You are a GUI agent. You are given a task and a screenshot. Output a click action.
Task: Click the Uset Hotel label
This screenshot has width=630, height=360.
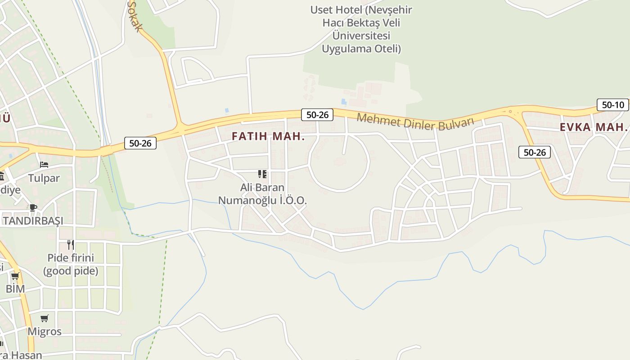361,29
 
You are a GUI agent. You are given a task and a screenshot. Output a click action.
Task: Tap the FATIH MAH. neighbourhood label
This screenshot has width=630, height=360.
268,136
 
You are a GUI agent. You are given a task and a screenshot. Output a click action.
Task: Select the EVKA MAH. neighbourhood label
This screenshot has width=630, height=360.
593,127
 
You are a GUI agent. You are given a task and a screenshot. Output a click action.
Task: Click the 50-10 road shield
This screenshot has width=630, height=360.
612,105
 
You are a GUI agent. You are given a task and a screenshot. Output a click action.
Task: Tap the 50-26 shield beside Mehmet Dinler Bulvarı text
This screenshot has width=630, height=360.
317,115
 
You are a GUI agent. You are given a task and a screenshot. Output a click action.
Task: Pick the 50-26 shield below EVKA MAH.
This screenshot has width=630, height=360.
534,152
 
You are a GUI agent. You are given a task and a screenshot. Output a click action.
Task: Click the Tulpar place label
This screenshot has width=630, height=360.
44,178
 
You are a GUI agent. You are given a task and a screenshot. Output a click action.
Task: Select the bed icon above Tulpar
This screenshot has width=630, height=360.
44,165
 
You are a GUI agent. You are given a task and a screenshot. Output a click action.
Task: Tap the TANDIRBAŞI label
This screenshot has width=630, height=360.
33,221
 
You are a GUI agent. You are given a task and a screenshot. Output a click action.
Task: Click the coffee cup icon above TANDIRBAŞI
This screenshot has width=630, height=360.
33,207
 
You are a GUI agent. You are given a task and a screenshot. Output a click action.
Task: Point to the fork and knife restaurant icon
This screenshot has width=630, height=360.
71,244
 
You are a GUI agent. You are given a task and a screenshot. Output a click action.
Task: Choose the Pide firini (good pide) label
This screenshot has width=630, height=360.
71,264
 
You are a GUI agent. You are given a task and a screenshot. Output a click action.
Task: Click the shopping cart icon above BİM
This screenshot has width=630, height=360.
15,276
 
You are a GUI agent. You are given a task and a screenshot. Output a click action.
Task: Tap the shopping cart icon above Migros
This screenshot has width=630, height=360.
44,319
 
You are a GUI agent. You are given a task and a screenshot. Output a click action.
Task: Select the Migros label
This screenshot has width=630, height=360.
44,332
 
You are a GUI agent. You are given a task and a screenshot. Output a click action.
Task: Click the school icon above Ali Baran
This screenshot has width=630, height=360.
262,174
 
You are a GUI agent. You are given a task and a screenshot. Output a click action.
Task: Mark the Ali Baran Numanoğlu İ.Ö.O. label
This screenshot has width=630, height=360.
262,194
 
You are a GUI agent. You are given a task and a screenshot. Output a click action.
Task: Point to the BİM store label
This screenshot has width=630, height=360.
15,288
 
